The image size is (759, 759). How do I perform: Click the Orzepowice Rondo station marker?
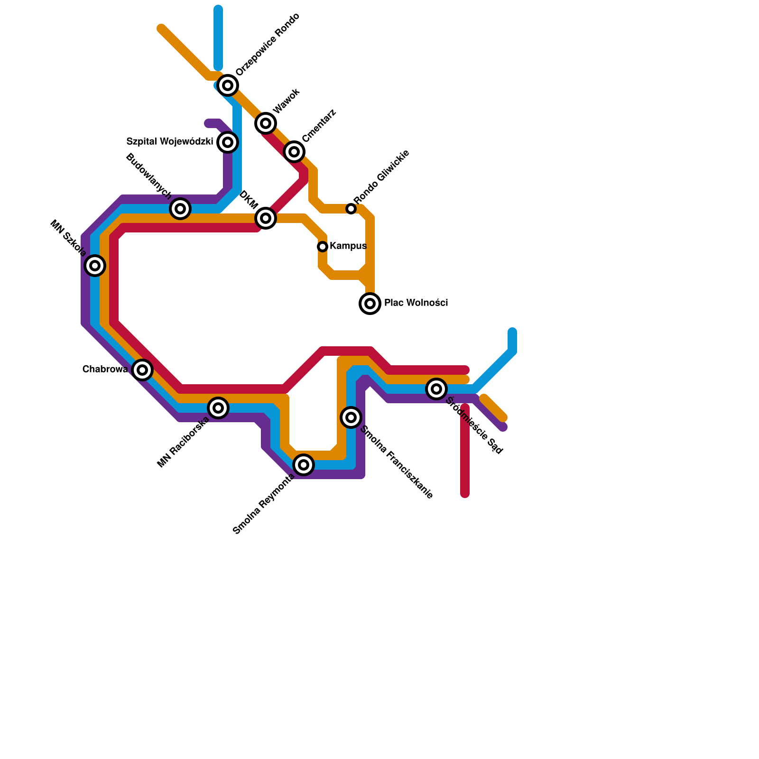[228, 85]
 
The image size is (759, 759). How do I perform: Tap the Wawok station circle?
[266, 123]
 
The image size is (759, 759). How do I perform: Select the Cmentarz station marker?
[294, 152]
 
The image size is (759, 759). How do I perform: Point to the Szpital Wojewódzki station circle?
[228, 142]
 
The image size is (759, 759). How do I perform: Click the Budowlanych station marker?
[180, 209]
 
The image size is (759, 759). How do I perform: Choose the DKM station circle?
[266, 218]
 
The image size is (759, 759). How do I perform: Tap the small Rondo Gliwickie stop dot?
[351, 209]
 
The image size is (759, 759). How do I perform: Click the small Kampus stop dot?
[323, 247]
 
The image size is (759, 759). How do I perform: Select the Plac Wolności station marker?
[370, 304]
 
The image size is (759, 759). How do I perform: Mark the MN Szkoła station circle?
[95, 266]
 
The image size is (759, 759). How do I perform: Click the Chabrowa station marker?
[142, 370]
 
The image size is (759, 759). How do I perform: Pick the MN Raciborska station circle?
[218, 408]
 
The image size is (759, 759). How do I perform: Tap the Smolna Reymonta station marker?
[304, 465]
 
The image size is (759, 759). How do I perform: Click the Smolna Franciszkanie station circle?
[351, 417]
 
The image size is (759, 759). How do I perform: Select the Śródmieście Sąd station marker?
[436, 389]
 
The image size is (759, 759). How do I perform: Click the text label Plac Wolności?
[416, 303]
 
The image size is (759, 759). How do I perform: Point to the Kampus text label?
[348, 246]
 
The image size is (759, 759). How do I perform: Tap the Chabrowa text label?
[105, 370]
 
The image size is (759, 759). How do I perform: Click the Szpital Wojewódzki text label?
[170, 142]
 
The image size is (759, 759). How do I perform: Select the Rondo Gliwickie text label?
[381, 177]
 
